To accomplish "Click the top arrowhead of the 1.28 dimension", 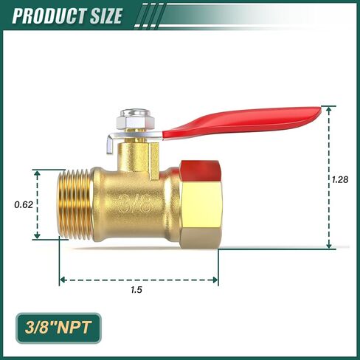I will pyautogui.click(x=329, y=109).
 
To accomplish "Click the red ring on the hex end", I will pyautogui.click(x=198, y=166).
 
